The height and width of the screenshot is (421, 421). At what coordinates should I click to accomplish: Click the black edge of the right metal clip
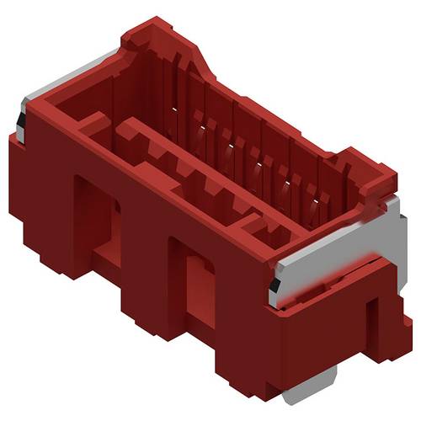tap(274, 290)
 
